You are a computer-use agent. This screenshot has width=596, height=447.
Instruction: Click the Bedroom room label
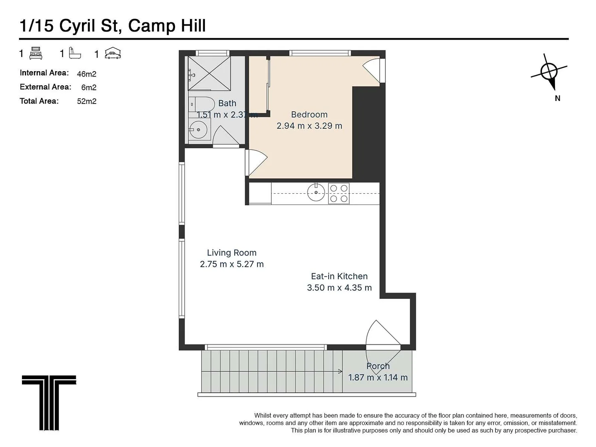click(309, 115)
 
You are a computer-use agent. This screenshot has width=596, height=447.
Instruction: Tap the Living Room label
click(231, 253)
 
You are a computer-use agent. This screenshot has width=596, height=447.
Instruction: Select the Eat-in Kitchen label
click(339, 276)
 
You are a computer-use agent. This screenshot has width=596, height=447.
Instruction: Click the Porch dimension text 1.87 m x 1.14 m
click(377, 377)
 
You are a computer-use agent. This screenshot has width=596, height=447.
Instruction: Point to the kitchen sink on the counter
click(316, 192)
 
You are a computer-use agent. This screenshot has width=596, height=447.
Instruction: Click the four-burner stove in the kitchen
click(339, 193)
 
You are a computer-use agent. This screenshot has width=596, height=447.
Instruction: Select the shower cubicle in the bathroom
click(209, 73)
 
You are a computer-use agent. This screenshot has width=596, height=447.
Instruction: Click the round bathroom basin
click(199, 130)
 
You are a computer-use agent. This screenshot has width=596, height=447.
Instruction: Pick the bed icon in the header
click(36, 53)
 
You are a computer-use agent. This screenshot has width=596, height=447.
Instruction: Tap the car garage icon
click(113, 53)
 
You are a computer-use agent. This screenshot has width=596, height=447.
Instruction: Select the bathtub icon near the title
click(75, 53)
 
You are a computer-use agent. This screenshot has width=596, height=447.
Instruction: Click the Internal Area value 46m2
click(87, 74)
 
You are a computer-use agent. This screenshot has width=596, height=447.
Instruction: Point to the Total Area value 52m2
click(87, 101)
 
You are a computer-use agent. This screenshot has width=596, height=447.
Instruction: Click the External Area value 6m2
click(89, 87)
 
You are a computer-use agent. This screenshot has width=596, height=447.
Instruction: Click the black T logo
click(49, 402)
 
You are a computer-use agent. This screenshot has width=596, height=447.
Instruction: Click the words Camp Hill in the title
click(167, 26)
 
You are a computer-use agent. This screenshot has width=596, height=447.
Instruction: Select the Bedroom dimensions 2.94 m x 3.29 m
click(309, 126)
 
